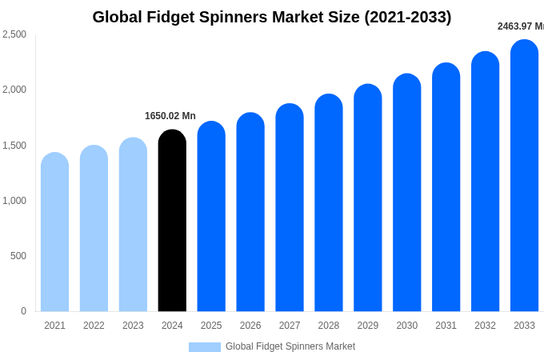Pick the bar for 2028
[329, 203]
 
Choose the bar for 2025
[211, 217]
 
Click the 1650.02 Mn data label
[170, 116]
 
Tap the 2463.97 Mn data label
[521, 26]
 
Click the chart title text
[272, 17]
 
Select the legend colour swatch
[205, 347]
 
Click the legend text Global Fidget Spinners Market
[290, 346]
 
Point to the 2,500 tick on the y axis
[14, 34]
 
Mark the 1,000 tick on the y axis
[14, 201]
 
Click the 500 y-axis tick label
[18, 256]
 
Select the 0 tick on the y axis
[23, 311]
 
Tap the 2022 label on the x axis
[94, 326]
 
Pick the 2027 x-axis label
[290, 326]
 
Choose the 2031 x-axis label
[446, 326]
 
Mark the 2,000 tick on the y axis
[14, 90]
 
